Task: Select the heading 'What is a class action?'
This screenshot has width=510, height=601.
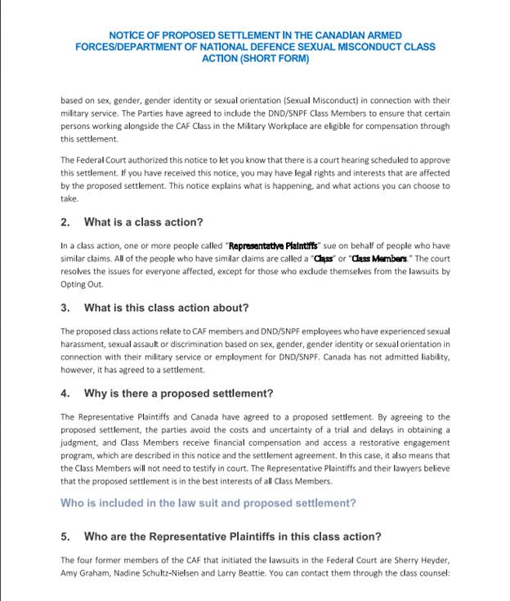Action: (143, 222)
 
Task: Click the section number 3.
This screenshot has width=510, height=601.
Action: (65, 308)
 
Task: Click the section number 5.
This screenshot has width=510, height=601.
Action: (65, 536)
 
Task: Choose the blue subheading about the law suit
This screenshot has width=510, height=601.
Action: (208, 503)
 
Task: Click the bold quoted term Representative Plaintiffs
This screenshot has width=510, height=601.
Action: (273, 246)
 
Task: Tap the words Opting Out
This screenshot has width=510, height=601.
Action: (78, 285)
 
